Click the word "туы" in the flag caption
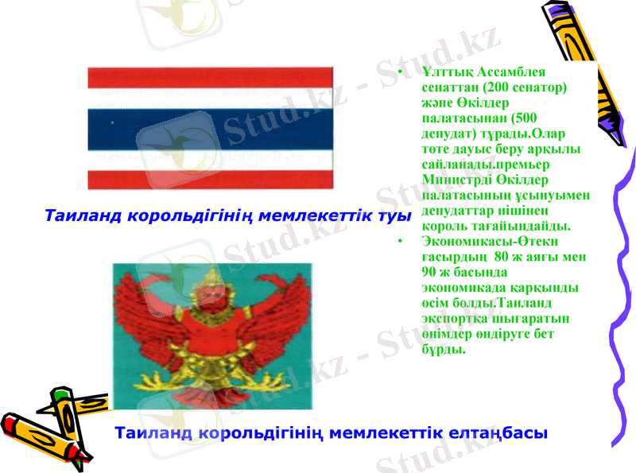[390, 216]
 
